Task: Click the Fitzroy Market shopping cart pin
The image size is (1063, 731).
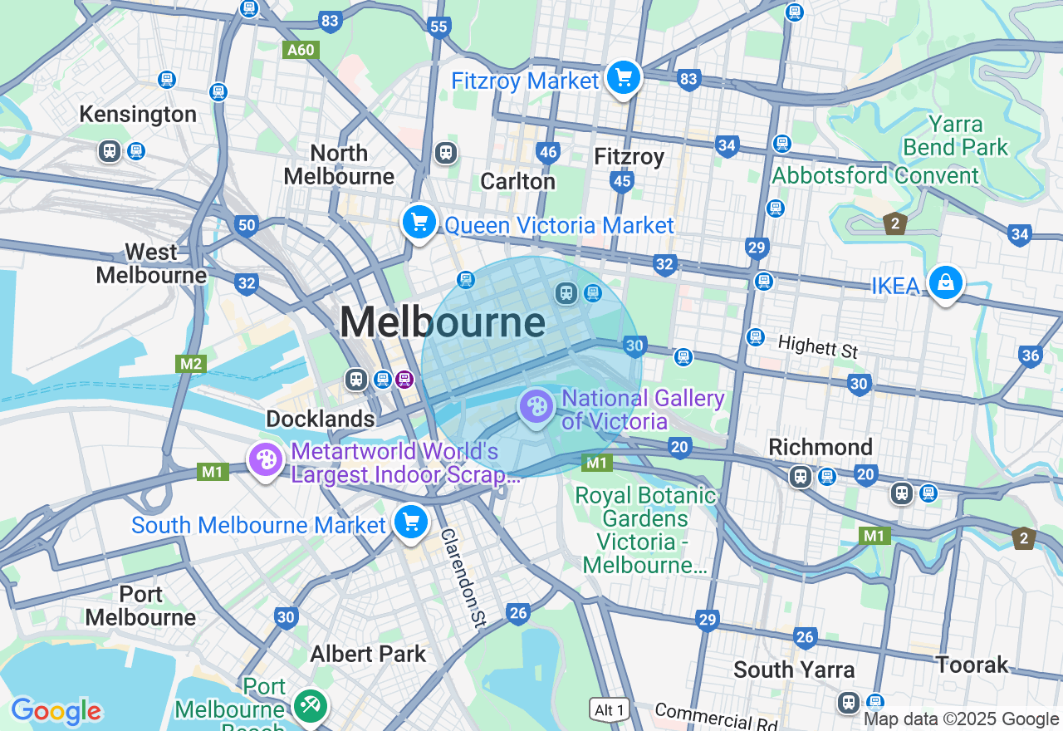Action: point(623,79)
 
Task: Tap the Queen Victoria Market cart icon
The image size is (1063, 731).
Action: point(419,223)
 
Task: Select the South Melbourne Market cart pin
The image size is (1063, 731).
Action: point(410,522)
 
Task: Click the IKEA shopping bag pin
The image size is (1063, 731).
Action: point(945,283)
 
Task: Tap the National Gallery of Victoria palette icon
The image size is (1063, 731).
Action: point(536,407)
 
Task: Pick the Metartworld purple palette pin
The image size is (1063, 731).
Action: point(266,459)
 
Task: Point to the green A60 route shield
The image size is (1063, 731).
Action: point(300,50)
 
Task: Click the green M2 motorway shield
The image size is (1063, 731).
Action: point(191,364)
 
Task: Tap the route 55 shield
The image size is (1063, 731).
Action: point(438,27)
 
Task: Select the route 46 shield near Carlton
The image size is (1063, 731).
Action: point(547,152)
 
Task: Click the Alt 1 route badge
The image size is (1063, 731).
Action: point(610,710)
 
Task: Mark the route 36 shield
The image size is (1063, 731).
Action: point(1030,356)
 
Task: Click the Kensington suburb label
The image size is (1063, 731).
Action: point(138,114)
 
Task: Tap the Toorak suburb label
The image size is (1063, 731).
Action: point(972,665)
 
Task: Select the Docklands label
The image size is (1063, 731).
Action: point(321,419)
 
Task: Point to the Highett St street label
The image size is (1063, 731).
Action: point(818,346)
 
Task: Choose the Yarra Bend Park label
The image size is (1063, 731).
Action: point(955,136)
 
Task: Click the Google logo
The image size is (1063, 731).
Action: point(56,712)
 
